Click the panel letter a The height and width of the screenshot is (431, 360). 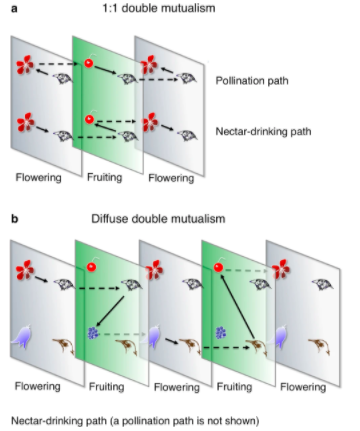(14, 9)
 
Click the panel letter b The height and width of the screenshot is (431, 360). (15, 219)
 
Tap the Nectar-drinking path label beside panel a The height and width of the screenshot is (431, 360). (263, 131)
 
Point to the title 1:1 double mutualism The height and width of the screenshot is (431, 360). (159, 8)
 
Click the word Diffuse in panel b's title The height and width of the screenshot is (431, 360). (110, 219)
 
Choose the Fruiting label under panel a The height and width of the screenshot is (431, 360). (104, 177)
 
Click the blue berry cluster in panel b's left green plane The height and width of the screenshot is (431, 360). (92, 333)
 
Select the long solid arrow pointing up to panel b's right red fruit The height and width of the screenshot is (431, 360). (238, 307)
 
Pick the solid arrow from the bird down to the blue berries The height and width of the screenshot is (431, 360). (110, 311)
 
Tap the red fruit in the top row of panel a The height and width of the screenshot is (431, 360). (89, 62)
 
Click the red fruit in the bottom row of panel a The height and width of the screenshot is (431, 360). (90, 118)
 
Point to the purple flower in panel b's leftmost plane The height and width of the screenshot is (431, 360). (21, 336)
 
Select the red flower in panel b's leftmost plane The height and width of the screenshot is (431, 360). (25, 269)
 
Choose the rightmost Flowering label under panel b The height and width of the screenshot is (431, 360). (303, 387)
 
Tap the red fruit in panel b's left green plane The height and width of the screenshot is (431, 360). (91, 266)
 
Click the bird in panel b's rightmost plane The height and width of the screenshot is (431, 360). (322, 284)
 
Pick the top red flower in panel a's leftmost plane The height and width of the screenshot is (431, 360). (26, 65)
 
